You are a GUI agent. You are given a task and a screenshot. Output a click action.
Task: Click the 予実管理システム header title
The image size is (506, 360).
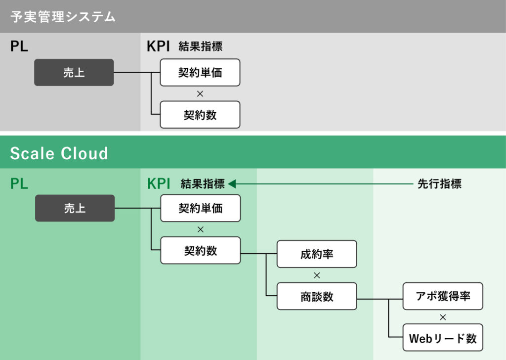tap(63, 17)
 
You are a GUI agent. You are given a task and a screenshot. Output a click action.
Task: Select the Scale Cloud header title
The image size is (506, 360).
tap(59, 153)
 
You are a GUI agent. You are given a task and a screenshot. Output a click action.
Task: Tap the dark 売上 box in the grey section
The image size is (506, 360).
tap(74, 73)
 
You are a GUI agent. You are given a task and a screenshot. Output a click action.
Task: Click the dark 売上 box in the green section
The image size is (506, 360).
tap(75, 208)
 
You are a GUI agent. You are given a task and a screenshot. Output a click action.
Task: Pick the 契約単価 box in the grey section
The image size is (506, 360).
tap(200, 73)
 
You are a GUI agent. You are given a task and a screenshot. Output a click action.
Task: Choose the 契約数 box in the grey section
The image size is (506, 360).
tap(200, 115)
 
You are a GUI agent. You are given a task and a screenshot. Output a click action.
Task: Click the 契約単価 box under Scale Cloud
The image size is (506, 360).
tap(200, 208)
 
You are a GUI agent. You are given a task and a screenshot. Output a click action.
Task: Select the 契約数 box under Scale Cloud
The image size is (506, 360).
tap(200, 251)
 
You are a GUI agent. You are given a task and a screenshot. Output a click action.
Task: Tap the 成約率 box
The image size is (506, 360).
tap(317, 254)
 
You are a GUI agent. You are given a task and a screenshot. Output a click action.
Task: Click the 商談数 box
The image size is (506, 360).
tap(317, 296)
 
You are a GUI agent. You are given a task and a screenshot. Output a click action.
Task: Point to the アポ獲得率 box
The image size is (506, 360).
tap(443, 296)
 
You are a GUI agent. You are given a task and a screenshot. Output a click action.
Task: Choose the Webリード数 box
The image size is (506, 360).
tap(443, 338)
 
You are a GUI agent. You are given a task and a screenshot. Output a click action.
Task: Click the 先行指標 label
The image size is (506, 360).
tap(439, 184)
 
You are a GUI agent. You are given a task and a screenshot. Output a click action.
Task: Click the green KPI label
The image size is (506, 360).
tap(158, 184)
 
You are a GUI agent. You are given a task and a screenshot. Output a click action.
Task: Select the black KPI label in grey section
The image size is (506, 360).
tap(158, 46)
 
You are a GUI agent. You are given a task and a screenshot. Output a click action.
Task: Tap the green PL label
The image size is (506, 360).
tap(19, 184)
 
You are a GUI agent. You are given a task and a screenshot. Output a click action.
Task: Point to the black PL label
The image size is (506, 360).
tap(19, 46)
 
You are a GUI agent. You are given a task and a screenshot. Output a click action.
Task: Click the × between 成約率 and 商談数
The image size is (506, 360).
tap(317, 275)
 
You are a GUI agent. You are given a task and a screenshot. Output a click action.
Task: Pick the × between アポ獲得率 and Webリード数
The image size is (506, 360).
tap(443, 317)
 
